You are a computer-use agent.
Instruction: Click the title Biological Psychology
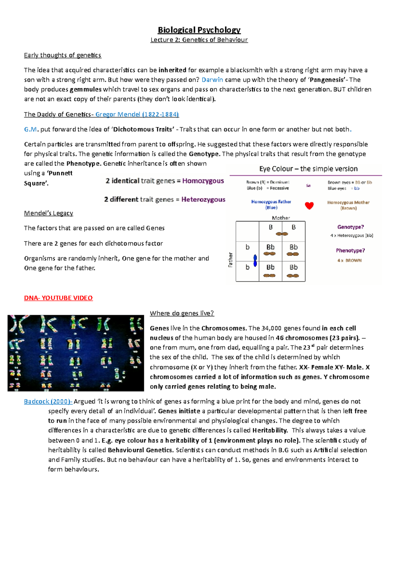coord(199,30)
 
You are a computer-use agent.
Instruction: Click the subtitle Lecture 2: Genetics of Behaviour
coord(199,40)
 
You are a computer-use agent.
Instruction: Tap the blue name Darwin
coord(212,80)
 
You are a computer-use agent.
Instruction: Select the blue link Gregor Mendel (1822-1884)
coord(137,114)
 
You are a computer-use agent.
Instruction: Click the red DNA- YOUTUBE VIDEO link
coord(58,298)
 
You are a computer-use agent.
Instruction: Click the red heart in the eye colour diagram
coord(309,206)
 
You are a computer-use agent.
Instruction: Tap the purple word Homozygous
coord(203,181)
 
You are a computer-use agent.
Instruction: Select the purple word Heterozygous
coord(203,200)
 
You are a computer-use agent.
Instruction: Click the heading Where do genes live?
coord(182,313)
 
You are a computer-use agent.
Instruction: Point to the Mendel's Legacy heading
coord(48,213)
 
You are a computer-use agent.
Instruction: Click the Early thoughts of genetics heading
coord(62,55)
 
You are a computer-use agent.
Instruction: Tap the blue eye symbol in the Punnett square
coord(255,260)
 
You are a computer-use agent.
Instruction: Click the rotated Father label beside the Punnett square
coord(231,260)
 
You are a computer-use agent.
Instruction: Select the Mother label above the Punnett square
coord(281,218)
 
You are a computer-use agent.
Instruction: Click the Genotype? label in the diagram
coord(350,227)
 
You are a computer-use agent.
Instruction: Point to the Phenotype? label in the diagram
coord(350,251)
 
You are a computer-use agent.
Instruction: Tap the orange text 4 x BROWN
coord(350,261)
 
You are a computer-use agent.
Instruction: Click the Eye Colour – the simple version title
coord(308,169)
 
